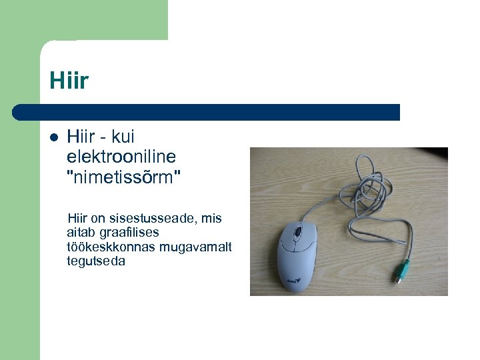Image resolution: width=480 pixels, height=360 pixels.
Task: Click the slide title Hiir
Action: click(69, 81)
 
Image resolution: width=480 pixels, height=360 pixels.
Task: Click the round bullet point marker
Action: click(54, 138)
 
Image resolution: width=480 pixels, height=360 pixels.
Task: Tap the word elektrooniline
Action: click(121, 157)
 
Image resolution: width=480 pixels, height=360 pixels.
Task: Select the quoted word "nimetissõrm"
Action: click(123, 177)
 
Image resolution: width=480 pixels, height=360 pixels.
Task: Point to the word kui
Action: click(123, 137)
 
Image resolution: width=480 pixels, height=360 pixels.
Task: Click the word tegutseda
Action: click(96, 261)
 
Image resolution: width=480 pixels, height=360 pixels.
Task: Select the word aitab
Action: click(81, 233)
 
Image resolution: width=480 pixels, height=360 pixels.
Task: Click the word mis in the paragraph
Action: click(211, 219)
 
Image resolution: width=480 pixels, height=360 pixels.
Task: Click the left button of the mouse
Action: click(288, 237)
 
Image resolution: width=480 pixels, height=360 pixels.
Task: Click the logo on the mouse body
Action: click(294, 281)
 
